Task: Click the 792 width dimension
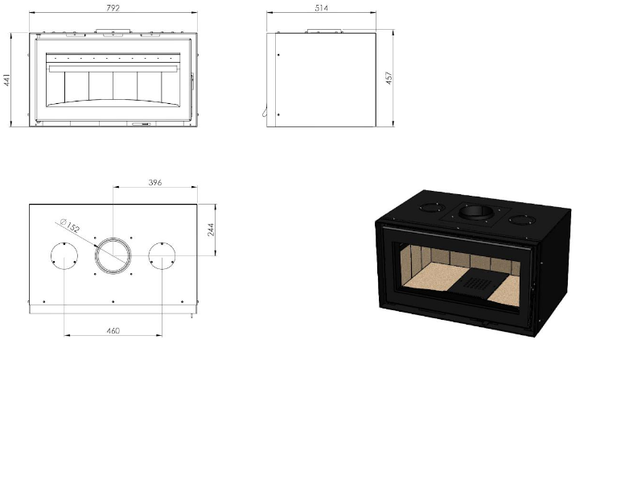tap(113, 7)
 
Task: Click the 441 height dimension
tap(6, 81)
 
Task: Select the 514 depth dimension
tap(321, 7)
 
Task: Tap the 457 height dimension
tap(389, 78)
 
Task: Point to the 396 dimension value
tap(155, 182)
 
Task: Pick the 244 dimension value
tap(211, 230)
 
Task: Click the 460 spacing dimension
tap(113, 330)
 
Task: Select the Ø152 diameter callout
tap(70, 226)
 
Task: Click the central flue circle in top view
tap(113, 238)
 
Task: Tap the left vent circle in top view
tap(64, 242)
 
